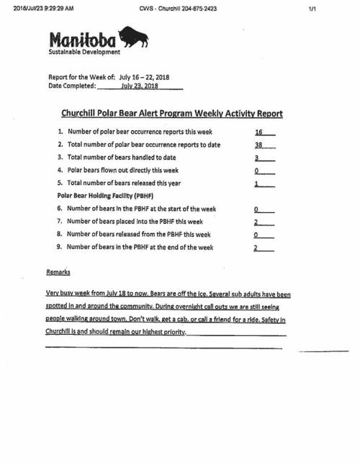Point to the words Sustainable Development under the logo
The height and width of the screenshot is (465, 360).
point(84,52)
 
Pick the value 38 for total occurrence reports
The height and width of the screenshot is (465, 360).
point(259,145)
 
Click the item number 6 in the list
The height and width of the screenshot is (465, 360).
point(60,209)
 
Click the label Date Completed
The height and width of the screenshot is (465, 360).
point(71,86)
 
